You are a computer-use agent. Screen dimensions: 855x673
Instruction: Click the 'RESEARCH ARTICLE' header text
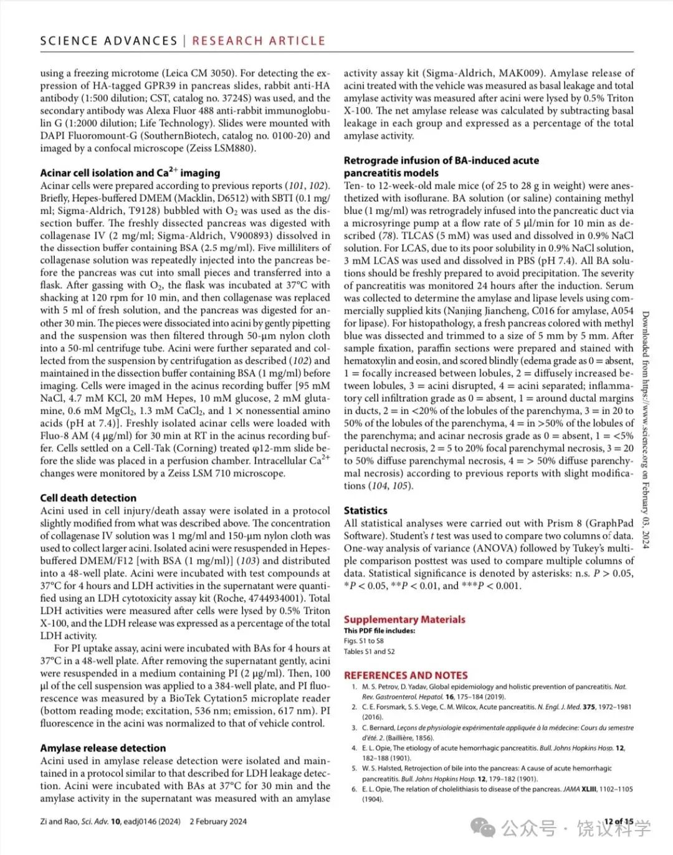click(x=259, y=41)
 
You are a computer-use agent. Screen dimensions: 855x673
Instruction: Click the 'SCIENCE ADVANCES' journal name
click(x=108, y=41)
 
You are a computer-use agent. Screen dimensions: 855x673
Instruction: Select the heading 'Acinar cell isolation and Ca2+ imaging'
click(x=130, y=173)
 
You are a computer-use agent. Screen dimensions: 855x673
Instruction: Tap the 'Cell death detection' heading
click(x=88, y=498)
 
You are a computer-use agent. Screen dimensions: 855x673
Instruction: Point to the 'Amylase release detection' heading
click(x=103, y=748)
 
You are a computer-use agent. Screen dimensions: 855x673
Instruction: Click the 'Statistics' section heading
click(x=365, y=510)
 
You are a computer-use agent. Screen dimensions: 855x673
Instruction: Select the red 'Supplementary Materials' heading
click(x=404, y=619)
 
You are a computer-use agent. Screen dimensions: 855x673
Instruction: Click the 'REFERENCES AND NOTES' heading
click(x=406, y=675)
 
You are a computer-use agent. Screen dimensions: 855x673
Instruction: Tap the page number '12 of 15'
click(x=618, y=821)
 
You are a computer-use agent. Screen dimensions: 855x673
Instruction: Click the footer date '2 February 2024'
click(x=218, y=821)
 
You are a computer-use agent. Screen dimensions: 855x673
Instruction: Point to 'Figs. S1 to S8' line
click(x=363, y=641)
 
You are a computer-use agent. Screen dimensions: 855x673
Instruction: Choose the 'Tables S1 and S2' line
click(x=369, y=651)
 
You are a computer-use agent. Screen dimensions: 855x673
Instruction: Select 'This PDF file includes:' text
click(x=379, y=631)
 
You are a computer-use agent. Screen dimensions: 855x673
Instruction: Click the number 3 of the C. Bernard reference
click(x=354, y=727)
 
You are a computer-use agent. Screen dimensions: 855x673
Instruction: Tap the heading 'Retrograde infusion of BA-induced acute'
click(x=441, y=160)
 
